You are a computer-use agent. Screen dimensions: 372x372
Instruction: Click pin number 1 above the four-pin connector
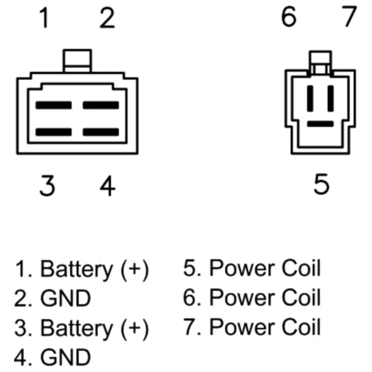coord(44,19)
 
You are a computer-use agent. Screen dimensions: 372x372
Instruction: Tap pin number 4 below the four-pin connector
coord(108,186)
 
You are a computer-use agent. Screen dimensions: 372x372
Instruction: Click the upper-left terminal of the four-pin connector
coord(54,105)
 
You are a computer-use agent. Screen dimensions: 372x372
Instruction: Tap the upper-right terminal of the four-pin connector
coord(100,105)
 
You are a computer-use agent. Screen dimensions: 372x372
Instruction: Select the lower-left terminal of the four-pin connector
coord(54,132)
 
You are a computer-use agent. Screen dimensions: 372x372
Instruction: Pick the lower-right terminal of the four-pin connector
coord(100,132)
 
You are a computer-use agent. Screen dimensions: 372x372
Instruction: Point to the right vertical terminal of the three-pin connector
coord(330,98)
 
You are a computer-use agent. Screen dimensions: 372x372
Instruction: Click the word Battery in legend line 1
coord(76,269)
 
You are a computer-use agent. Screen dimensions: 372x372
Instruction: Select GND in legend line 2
coord(65,298)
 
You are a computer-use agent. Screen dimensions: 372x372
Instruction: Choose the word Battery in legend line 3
coord(76,328)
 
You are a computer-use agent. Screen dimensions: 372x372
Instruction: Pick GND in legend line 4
coord(65,357)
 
